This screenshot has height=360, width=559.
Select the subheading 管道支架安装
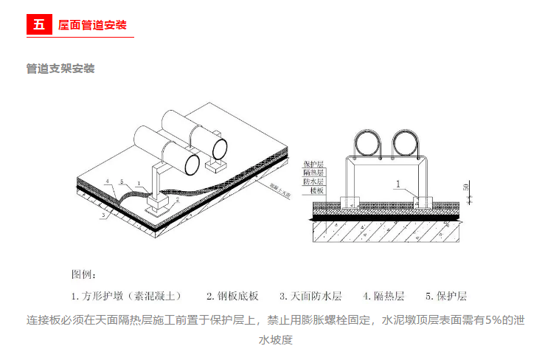pos(60,69)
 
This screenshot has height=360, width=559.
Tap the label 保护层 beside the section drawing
pos(314,162)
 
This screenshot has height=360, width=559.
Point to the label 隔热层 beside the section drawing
pos(314,171)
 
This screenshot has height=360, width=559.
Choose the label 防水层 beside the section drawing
pos(314,180)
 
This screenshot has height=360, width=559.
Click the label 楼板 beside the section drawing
pos(317,190)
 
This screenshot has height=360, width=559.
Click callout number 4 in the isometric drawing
pos(107,181)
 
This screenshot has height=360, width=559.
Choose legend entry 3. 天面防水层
pos(310,297)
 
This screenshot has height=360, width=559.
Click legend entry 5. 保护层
pos(446,297)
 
